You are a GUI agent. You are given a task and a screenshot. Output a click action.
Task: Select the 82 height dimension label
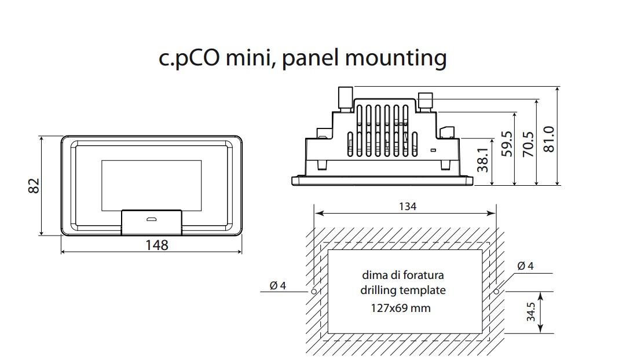click(34, 186)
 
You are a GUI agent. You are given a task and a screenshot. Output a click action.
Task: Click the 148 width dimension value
click(156, 245)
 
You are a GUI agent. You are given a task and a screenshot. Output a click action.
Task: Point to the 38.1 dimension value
click(483, 160)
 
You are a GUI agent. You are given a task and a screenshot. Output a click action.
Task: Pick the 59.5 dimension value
click(507, 144)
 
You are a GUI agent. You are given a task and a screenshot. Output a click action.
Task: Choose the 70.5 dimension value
click(528, 143)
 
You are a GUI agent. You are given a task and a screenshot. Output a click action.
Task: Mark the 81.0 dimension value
click(550, 139)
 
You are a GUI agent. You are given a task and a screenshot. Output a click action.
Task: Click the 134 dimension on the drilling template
click(408, 206)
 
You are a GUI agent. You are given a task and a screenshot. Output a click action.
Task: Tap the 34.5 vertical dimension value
click(531, 313)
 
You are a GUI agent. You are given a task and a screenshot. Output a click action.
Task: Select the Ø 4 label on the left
click(278, 285)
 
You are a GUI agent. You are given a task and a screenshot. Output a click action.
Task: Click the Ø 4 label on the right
click(525, 266)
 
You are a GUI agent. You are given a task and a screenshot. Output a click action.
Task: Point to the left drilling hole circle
click(314, 291)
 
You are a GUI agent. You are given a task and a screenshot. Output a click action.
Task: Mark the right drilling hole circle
click(496, 291)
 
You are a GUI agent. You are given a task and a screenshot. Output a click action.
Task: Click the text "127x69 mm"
click(401, 308)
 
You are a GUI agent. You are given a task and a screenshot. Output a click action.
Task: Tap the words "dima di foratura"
click(403, 275)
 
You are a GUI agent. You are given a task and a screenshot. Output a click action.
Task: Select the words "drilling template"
click(403, 290)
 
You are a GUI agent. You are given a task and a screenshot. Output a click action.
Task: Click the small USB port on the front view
click(152, 219)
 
